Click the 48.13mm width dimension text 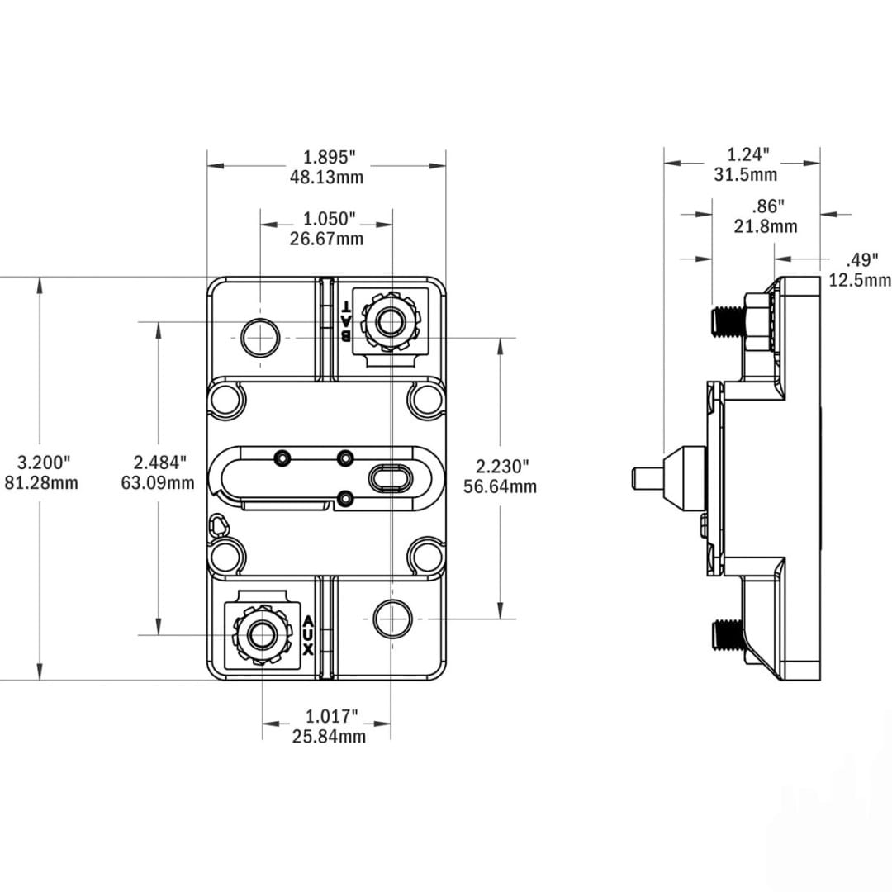coord(326,177)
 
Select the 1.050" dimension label coord(329,218)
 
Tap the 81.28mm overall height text coord(41,483)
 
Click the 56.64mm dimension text coord(500,486)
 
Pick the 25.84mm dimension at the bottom coord(329,737)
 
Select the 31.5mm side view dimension coord(745,174)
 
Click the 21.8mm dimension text coord(765,225)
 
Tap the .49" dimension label coord(861,260)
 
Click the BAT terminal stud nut coord(390,322)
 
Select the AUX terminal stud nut coord(263,635)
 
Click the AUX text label coord(308,635)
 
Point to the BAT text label coord(345,321)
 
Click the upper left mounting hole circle coord(260,338)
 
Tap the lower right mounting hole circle coord(392,619)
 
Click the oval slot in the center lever coord(390,477)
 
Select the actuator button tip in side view coord(648,477)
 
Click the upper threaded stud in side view coord(728,323)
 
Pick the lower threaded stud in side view coord(728,635)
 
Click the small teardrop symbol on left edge coord(217,524)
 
